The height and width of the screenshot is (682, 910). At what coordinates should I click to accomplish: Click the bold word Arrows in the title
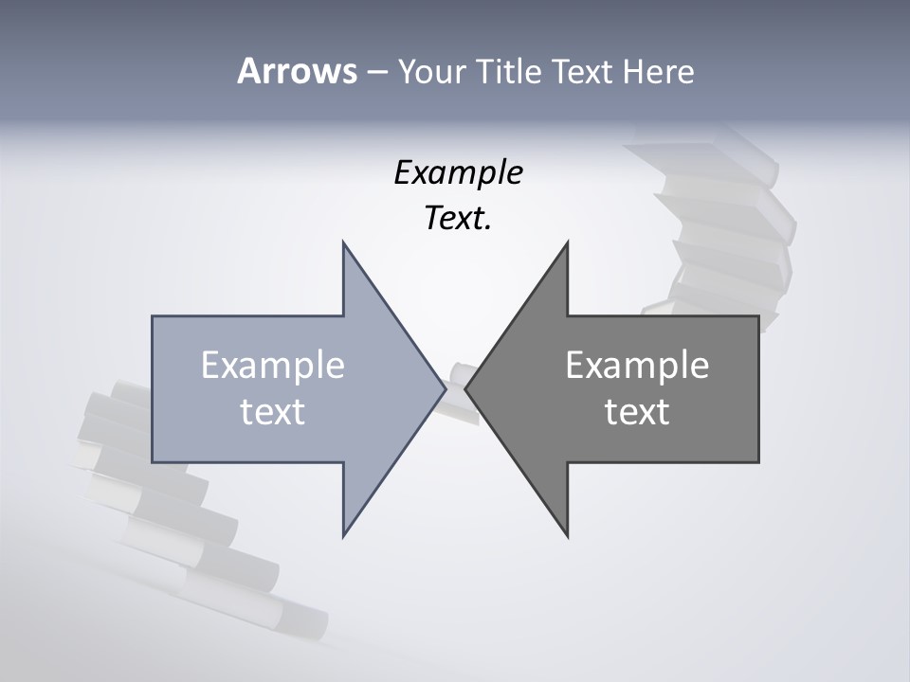click(297, 71)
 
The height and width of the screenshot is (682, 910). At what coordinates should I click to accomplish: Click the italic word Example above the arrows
click(458, 173)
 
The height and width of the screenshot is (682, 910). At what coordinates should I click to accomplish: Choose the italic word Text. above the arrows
click(458, 219)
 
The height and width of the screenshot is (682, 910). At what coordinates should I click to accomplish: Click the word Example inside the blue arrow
click(272, 366)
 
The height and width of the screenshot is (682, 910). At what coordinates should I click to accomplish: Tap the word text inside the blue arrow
click(272, 412)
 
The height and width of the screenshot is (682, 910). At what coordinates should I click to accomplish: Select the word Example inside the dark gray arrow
click(637, 366)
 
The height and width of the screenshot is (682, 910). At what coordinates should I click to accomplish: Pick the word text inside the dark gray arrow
click(637, 412)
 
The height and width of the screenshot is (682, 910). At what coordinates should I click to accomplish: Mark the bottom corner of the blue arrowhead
click(344, 535)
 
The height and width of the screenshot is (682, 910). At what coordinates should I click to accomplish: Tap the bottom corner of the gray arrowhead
click(567, 535)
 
